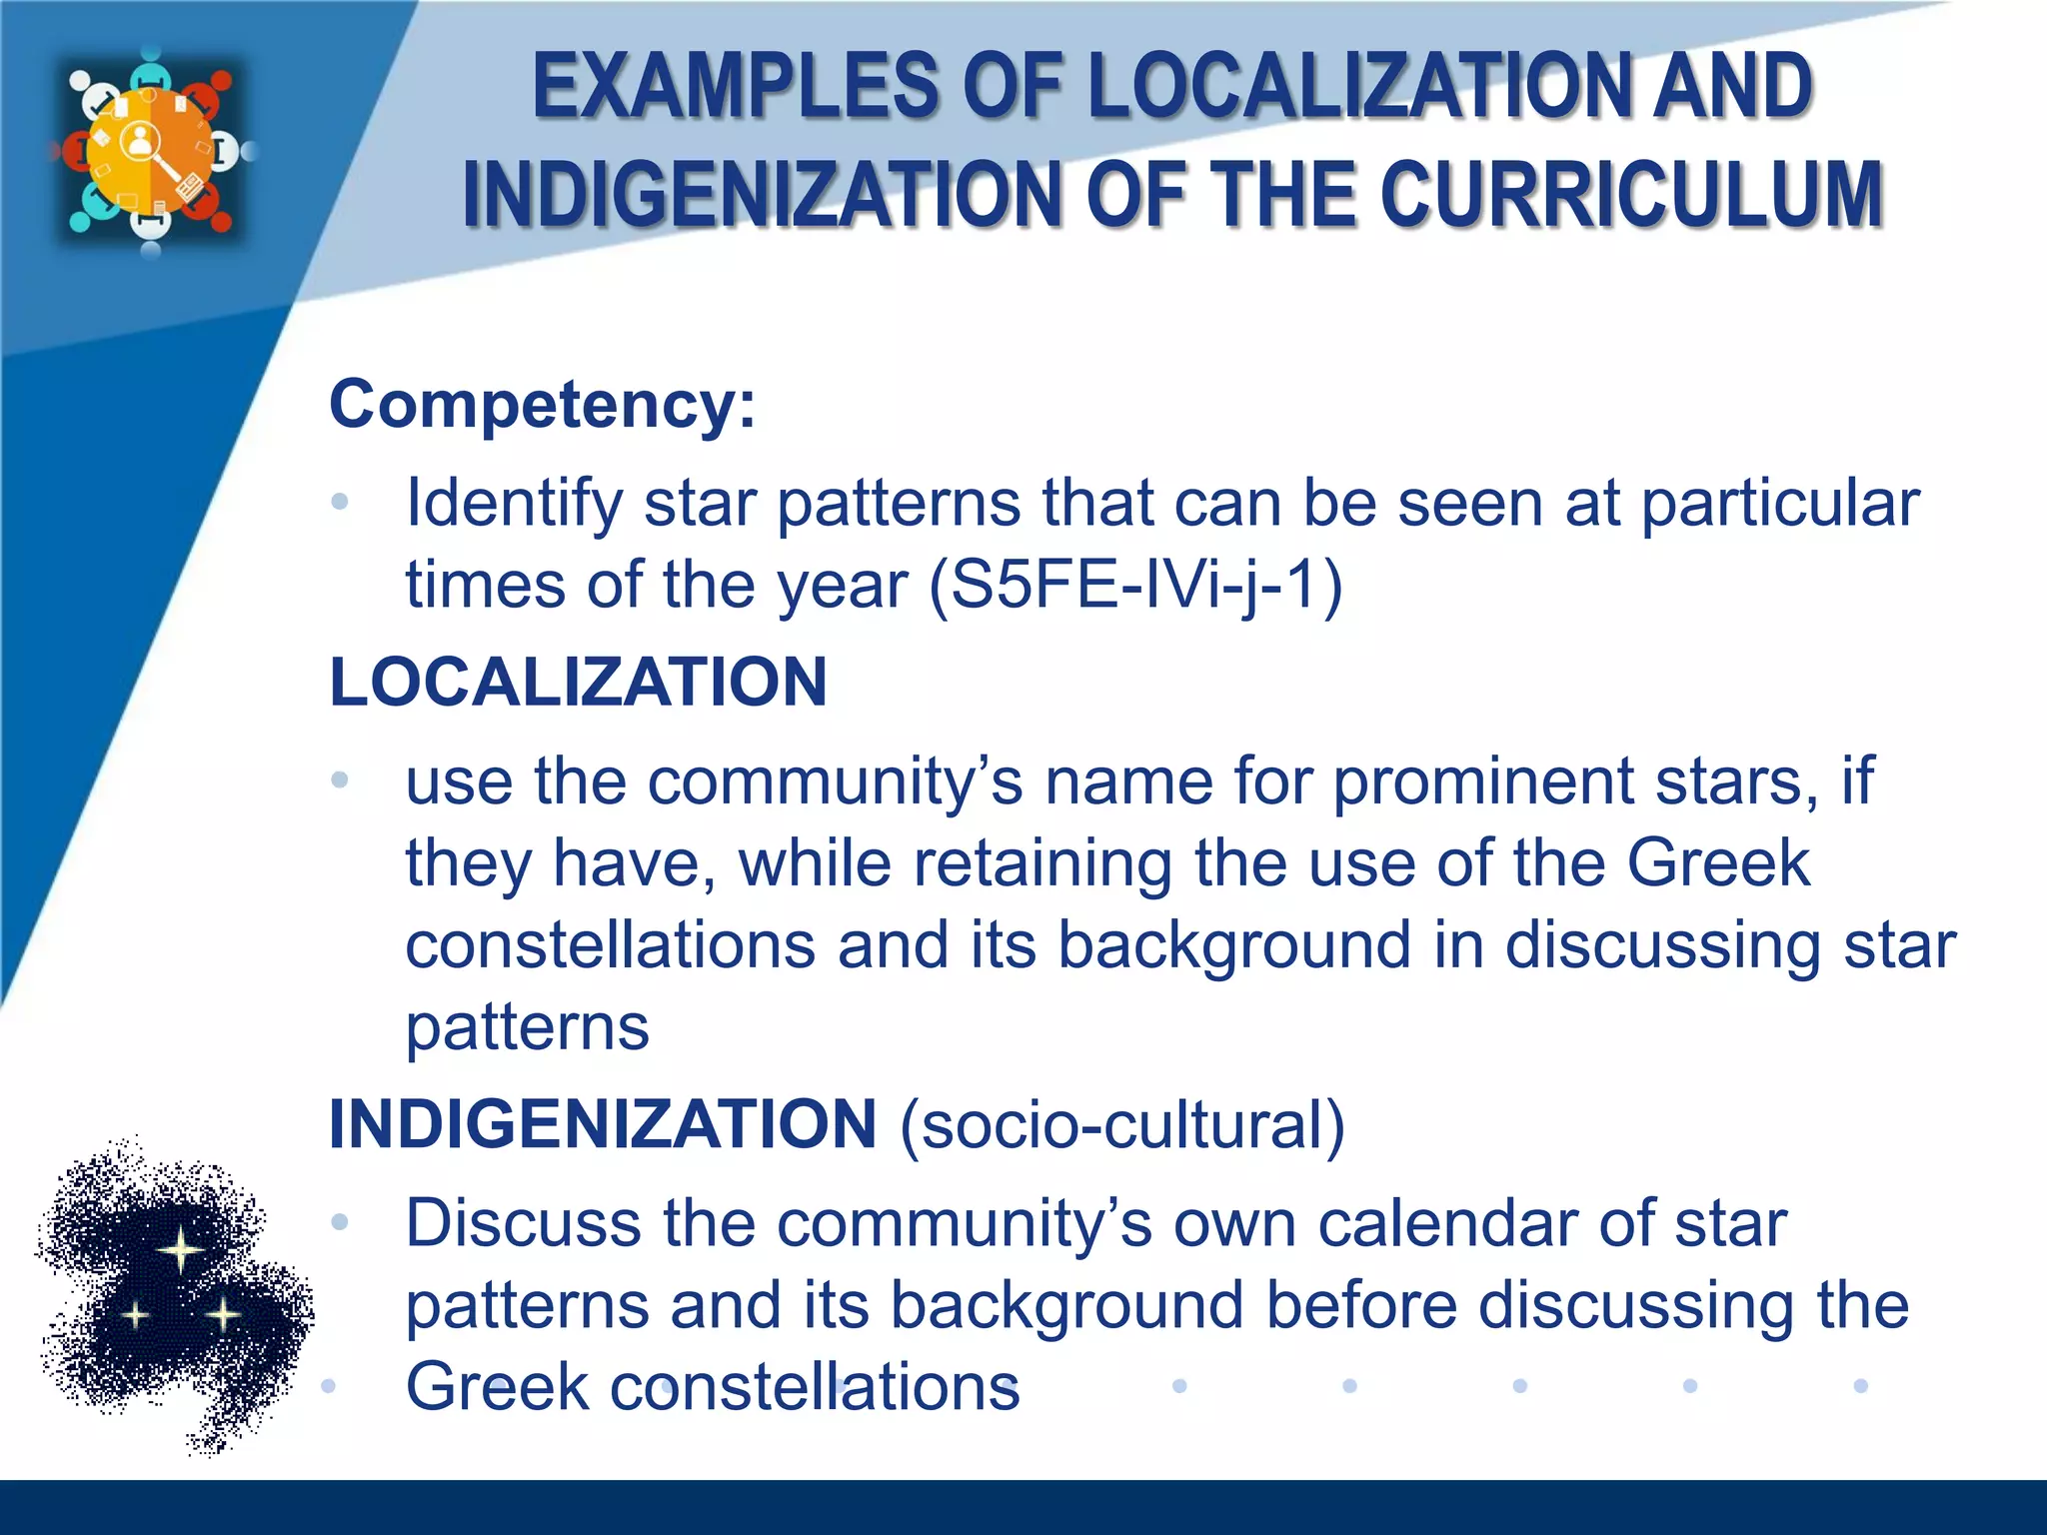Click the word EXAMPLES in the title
[x=735, y=87]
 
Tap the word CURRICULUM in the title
[x=1633, y=194]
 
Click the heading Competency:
[x=543, y=405]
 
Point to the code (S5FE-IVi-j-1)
[x=1135, y=585]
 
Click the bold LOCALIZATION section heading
[x=578, y=683]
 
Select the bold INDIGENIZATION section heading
[x=603, y=1124]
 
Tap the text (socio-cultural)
[x=1122, y=1125]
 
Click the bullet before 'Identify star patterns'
[x=340, y=502]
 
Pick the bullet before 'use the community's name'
[x=340, y=779]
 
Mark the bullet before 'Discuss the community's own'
[x=340, y=1221]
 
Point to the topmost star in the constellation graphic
[x=181, y=1249]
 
